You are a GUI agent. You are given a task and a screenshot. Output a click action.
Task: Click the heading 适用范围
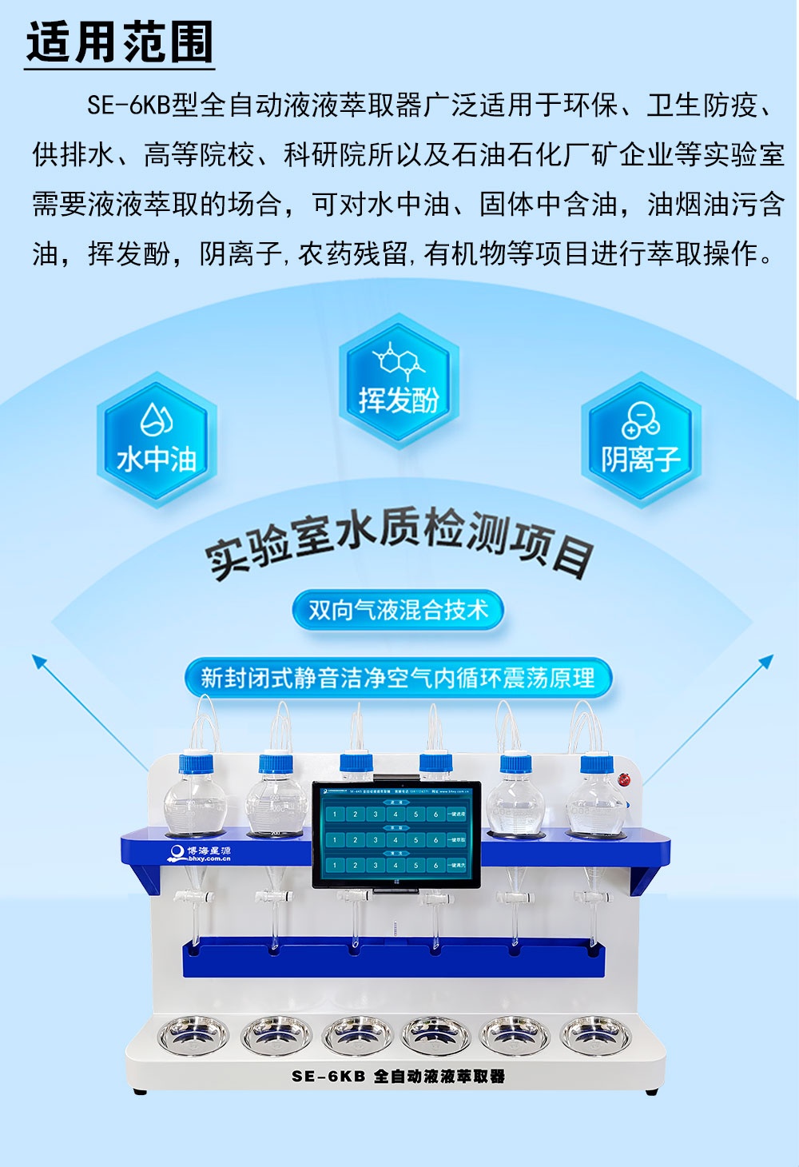click(x=120, y=43)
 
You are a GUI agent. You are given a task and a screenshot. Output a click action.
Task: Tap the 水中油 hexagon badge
click(x=157, y=439)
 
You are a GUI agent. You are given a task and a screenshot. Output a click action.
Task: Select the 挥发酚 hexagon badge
click(x=399, y=380)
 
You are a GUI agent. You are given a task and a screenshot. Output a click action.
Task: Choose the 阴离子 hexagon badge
click(x=640, y=439)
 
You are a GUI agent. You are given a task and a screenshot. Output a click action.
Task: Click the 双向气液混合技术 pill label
click(x=398, y=611)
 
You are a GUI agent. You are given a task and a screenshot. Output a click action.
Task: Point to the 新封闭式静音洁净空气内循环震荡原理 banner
click(x=398, y=679)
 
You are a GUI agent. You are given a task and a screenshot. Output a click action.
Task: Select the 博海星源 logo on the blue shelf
click(x=200, y=854)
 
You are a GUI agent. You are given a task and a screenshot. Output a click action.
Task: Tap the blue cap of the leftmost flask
click(x=196, y=763)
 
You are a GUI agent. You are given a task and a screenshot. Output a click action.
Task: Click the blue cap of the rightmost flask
click(x=596, y=763)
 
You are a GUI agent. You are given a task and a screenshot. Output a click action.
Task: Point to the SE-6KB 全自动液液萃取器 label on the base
click(x=398, y=1076)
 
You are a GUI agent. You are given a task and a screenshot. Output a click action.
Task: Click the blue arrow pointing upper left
click(x=40, y=663)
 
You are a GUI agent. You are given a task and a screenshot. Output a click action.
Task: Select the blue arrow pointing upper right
click(x=765, y=663)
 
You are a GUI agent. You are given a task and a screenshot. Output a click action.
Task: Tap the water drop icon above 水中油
click(x=157, y=417)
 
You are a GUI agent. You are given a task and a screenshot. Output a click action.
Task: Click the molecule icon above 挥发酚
click(x=399, y=361)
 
